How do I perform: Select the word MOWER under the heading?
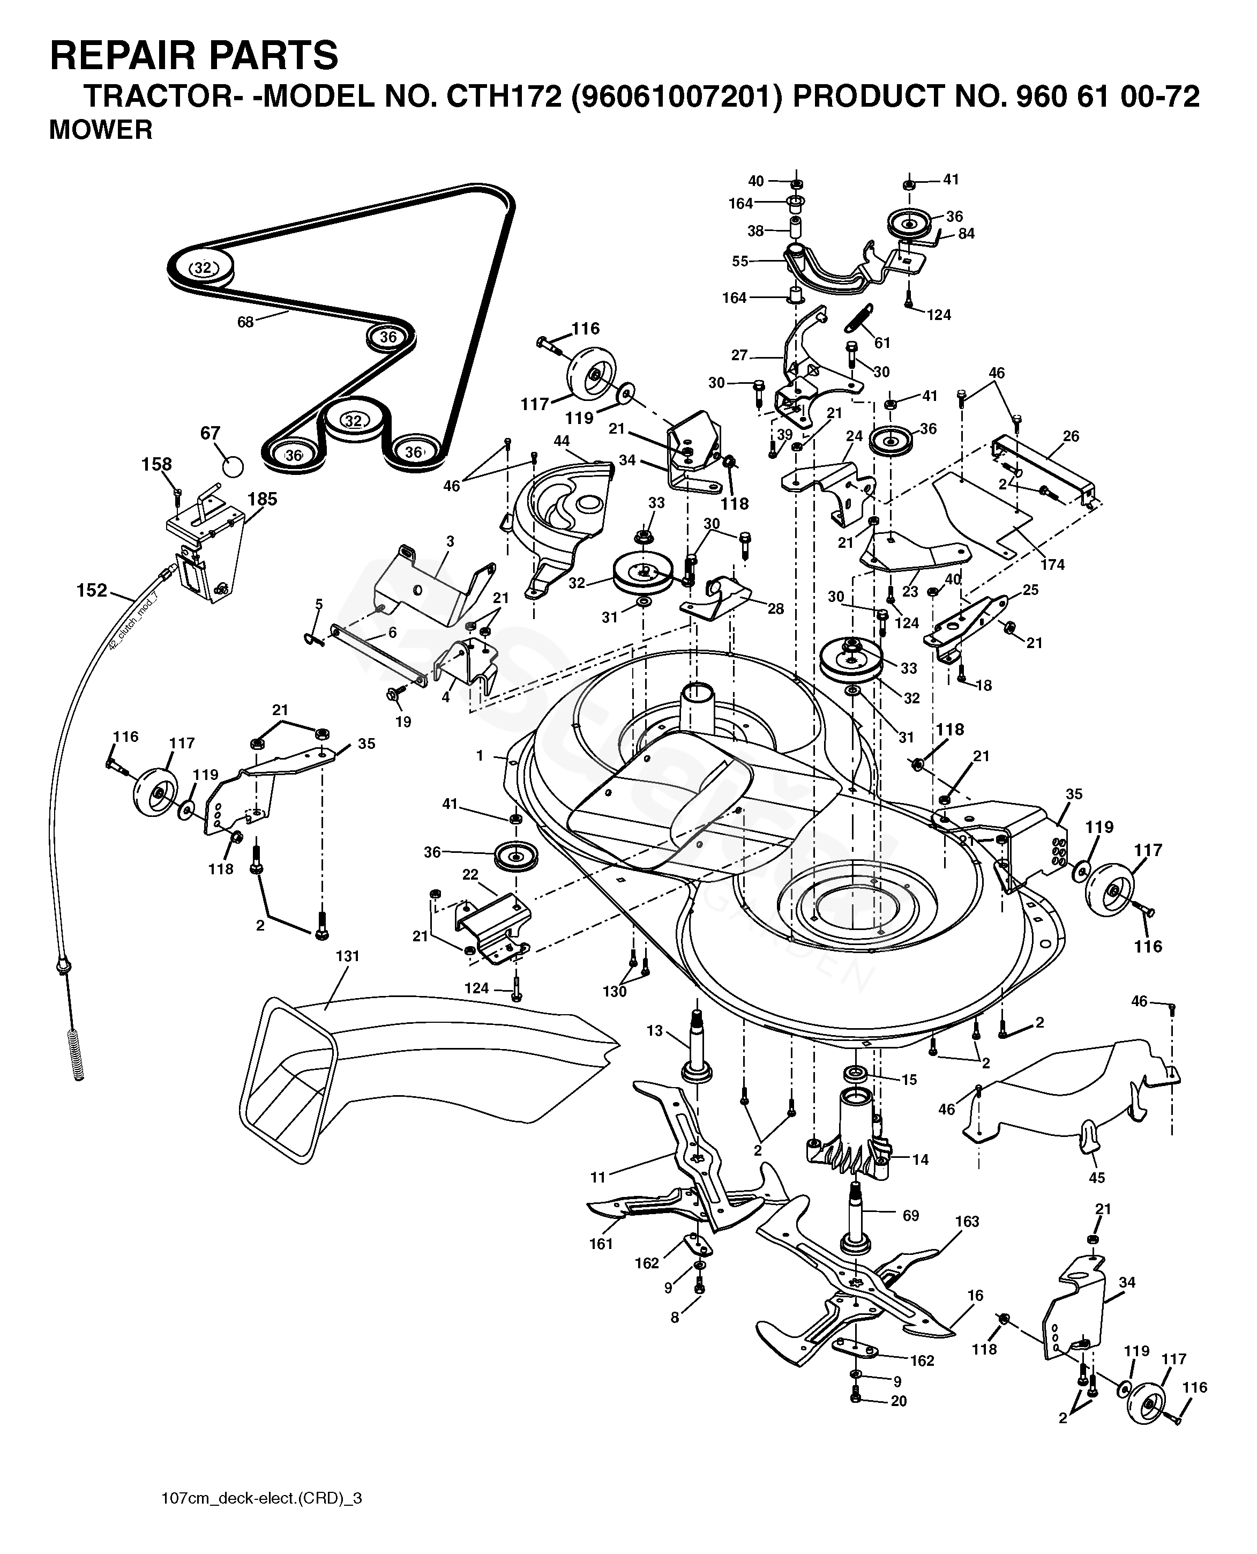101,130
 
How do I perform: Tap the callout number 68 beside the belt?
245,322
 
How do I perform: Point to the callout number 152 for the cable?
92,590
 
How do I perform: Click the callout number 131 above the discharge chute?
348,956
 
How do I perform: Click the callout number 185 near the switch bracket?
262,499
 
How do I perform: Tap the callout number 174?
1052,564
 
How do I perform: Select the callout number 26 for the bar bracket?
1071,436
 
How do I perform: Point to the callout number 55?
739,261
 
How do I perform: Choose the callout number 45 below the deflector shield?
1097,1178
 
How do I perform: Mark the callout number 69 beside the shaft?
910,1215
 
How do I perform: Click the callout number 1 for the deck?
480,756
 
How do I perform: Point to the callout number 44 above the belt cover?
561,441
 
